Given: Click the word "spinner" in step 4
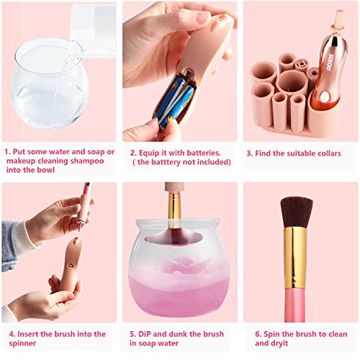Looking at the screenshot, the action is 22,343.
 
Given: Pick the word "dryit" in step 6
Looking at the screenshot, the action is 279,343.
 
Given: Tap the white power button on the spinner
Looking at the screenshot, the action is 325,97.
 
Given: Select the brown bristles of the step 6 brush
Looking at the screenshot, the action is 297,212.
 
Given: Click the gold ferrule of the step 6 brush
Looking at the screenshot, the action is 296,258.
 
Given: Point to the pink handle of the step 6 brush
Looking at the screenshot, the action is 295,305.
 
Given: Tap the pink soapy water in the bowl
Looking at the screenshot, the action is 179,295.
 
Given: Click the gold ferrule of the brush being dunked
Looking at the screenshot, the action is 174,208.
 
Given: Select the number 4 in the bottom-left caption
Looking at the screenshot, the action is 12,334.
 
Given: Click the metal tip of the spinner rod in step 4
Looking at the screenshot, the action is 79,228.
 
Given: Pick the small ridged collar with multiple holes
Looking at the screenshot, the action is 301,65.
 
